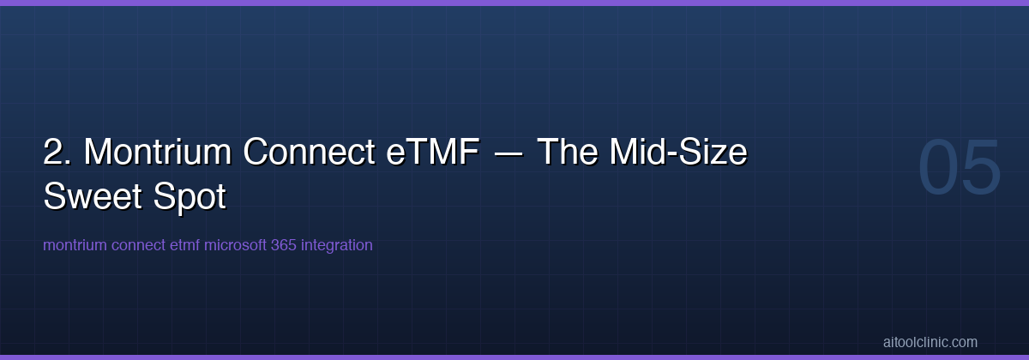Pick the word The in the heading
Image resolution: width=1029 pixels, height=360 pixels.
[x=569, y=153]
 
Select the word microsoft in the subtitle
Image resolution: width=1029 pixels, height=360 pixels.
[x=236, y=245]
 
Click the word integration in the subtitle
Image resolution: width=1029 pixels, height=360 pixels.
[x=337, y=245]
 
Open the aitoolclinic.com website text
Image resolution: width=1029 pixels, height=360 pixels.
[x=930, y=342]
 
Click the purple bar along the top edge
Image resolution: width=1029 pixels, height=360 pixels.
[x=514, y=3]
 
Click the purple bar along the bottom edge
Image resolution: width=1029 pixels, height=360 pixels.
[x=514, y=357]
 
